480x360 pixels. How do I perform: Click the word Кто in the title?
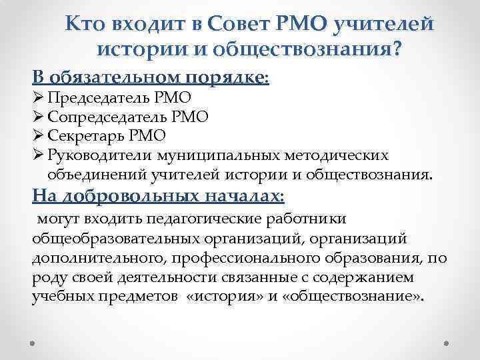point(84,25)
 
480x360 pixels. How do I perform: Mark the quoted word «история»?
point(221,297)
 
